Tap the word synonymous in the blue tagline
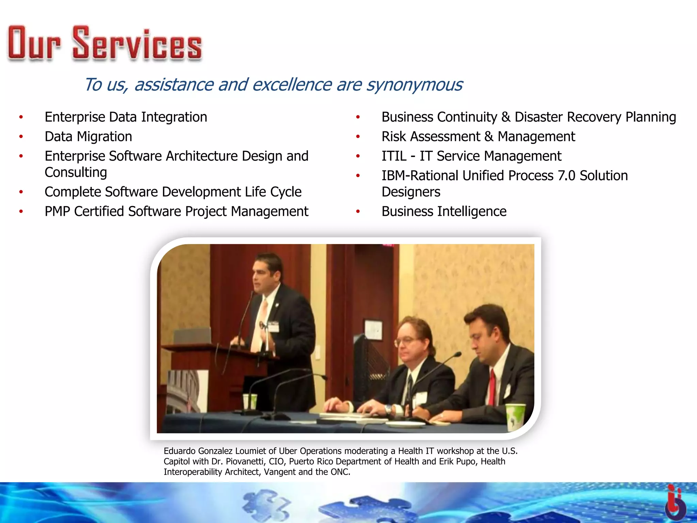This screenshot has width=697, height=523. tap(414, 85)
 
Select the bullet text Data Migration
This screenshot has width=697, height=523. tap(88, 137)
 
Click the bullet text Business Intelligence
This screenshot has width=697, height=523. tap(444, 211)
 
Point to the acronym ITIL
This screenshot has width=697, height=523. tap(394, 156)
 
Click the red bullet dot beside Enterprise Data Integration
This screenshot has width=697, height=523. tap(21, 117)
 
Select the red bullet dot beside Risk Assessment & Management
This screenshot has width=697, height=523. tap(358, 137)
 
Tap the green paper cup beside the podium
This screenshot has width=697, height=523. tap(250, 401)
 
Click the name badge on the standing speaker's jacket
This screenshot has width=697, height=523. tap(273, 326)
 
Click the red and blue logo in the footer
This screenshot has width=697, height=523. tap(675, 503)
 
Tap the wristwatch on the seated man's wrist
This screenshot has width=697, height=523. tap(388, 409)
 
